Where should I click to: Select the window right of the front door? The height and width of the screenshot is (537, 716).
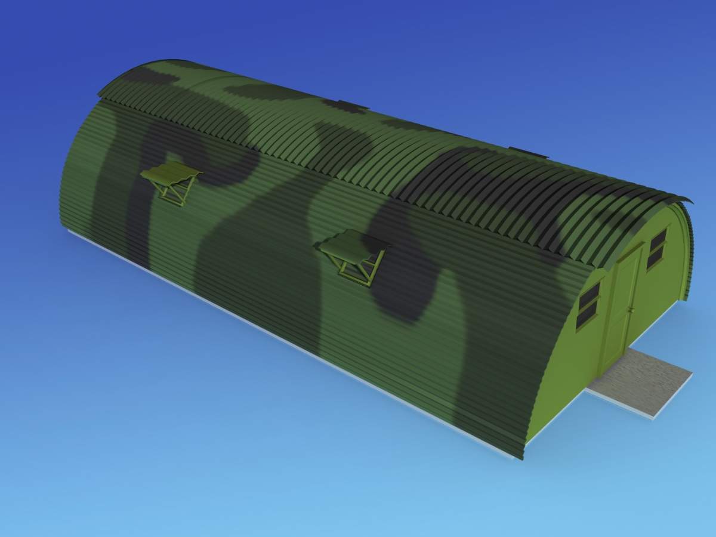coord(657,248)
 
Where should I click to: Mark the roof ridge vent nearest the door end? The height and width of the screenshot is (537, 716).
coord(528,152)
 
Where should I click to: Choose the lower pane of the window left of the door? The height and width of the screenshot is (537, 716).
coord(587,315)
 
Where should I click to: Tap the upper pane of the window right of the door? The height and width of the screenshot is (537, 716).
coord(658,240)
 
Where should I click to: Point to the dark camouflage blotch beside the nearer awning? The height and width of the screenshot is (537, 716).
coord(406,280)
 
